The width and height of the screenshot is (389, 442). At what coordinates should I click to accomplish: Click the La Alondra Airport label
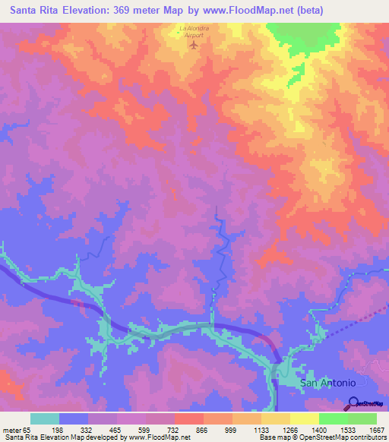[x=193, y=31]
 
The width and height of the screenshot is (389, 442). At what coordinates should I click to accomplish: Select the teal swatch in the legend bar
[x=45, y=418]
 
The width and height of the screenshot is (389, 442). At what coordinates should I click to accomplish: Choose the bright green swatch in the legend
[x=334, y=418]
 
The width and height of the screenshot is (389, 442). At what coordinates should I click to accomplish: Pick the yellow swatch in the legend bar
[x=305, y=418]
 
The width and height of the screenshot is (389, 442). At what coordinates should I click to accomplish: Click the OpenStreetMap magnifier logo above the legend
[x=353, y=403]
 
